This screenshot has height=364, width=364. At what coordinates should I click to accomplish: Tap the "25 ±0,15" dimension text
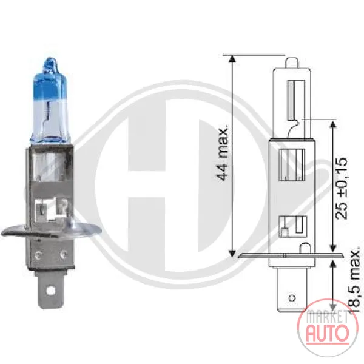(341, 189)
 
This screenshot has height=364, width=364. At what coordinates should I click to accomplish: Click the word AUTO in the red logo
(328, 332)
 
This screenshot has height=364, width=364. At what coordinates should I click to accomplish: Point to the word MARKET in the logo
(328, 317)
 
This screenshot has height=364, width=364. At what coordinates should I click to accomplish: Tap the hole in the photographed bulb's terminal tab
(50, 290)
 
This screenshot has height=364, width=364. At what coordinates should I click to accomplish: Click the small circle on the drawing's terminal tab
(292, 298)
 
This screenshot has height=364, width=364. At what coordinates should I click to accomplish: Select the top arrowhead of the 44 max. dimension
(232, 59)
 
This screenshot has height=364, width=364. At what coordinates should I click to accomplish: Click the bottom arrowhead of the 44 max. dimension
(232, 254)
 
